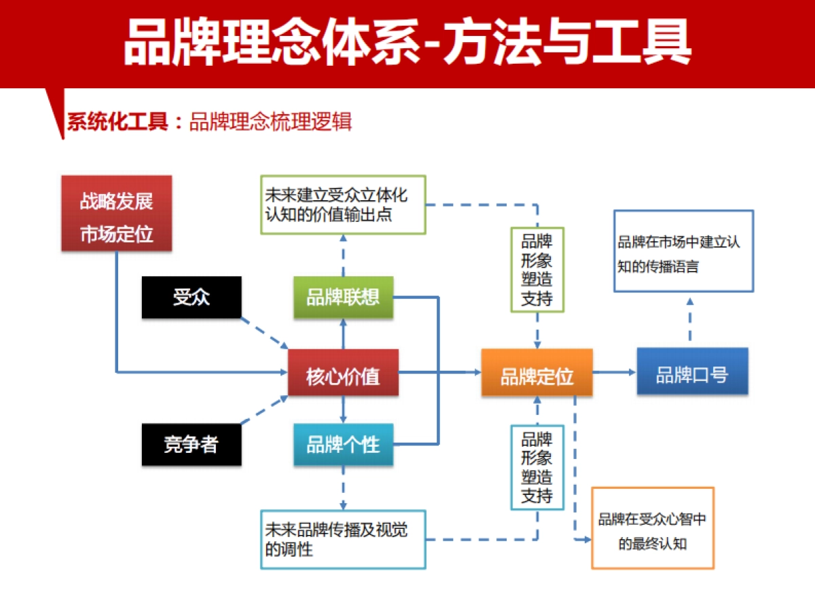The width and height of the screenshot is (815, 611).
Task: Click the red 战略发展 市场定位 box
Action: [116, 214]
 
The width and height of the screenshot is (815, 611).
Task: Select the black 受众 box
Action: [192, 297]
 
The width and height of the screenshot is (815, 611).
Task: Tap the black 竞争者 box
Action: [192, 445]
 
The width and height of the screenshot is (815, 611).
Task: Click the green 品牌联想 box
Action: [343, 297]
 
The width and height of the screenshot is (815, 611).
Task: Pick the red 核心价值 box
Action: [343, 373]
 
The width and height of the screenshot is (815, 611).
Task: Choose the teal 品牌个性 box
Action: [343, 445]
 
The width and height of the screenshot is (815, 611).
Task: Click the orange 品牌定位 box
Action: [537, 373]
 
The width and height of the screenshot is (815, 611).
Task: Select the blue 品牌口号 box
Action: [692, 371]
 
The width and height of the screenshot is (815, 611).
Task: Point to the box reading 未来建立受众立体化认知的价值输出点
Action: [343, 205]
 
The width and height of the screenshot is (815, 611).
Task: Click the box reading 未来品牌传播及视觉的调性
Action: [343, 539]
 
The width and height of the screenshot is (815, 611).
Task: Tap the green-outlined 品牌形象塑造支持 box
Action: [537, 270]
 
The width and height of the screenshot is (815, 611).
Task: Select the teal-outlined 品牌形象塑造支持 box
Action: [537, 467]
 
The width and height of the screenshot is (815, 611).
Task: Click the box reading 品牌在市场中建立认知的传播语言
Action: [683, 251]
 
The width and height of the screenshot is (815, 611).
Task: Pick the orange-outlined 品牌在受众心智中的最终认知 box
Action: [653, 527]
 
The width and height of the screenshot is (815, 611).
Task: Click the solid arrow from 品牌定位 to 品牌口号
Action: [615, 372]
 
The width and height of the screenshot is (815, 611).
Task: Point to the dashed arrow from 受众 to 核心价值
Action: [264, 333]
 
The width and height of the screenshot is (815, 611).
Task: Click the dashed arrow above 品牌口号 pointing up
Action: [690, 319]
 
